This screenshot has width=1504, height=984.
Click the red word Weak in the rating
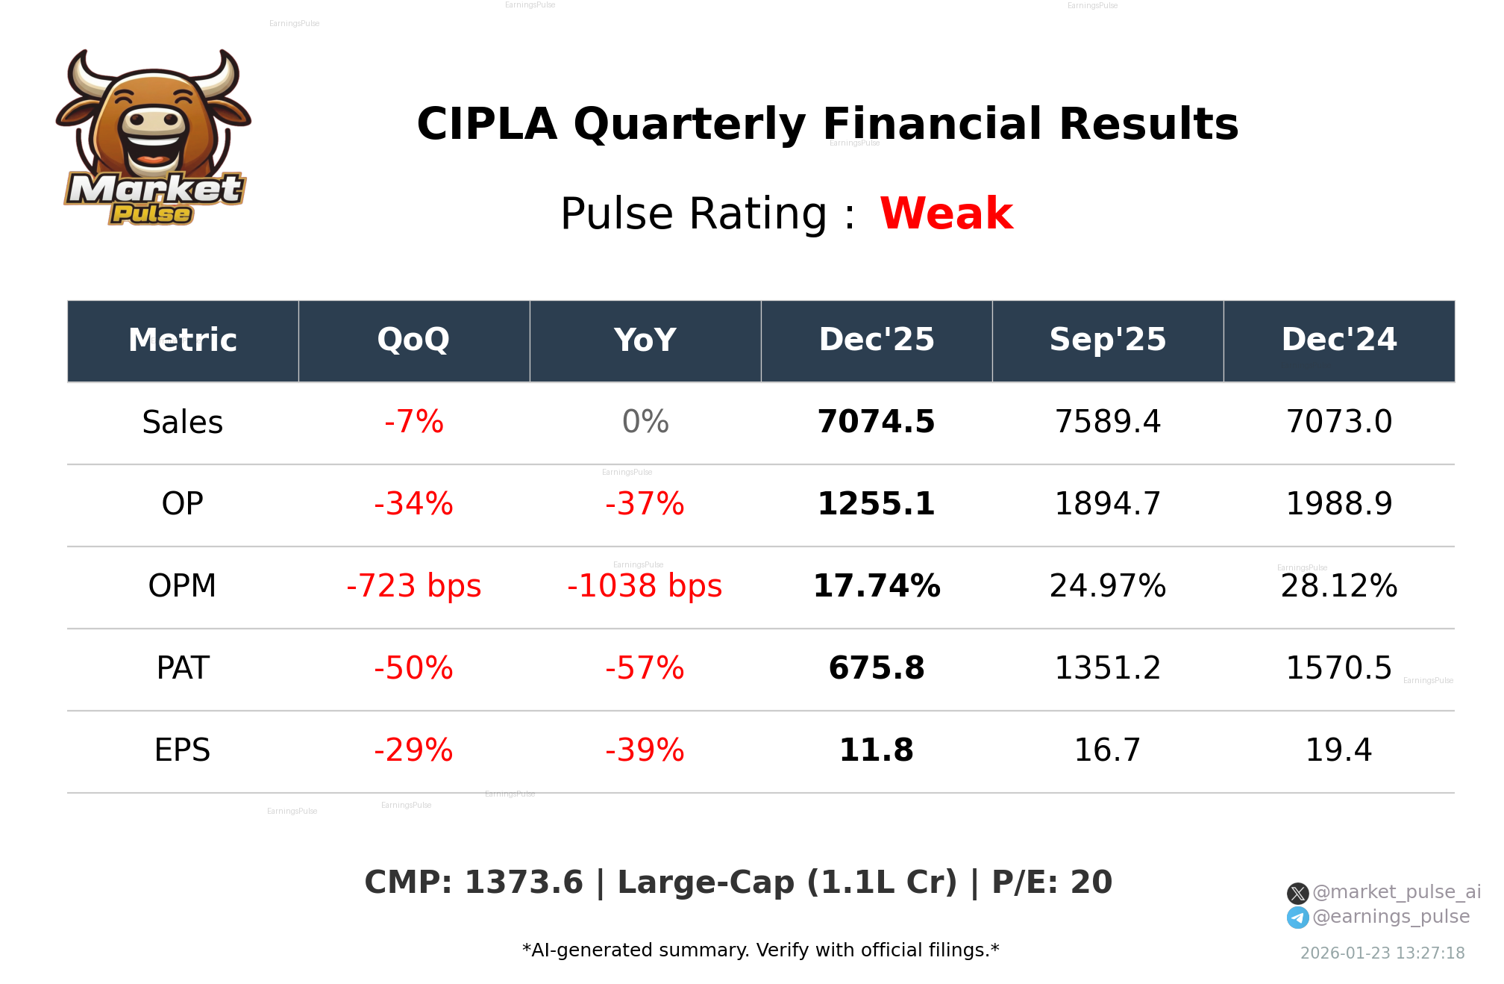pos(946,214)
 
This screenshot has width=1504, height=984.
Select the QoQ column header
pos(413,340)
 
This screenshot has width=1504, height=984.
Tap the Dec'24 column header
pos(1338,340)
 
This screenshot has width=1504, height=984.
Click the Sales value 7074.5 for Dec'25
pos(876,422)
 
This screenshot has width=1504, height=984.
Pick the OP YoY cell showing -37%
pos(645,504)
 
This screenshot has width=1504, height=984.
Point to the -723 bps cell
pos(413,586)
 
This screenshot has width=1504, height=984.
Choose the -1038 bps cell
pos(645,586)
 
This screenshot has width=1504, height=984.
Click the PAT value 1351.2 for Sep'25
pos(1107,668)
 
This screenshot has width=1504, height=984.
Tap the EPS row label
pos(182,750)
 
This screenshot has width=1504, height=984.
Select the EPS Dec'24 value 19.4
pos(1338,750)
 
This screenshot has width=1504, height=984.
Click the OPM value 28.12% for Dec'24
pos(1338,586)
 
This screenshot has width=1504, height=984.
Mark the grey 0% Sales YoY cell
pos(645,422)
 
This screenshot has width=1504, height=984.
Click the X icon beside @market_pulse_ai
pos(1297,893)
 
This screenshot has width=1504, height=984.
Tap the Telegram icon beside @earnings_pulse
pos(1297,918)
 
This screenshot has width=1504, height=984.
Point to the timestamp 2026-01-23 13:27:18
pos(1382,953)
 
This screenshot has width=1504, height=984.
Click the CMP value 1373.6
pos(523,882)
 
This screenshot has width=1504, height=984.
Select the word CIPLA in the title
pos(486,124)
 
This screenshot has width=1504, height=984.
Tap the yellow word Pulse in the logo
pos(151,214)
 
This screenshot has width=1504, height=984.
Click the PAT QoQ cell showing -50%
pos(413,668)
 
